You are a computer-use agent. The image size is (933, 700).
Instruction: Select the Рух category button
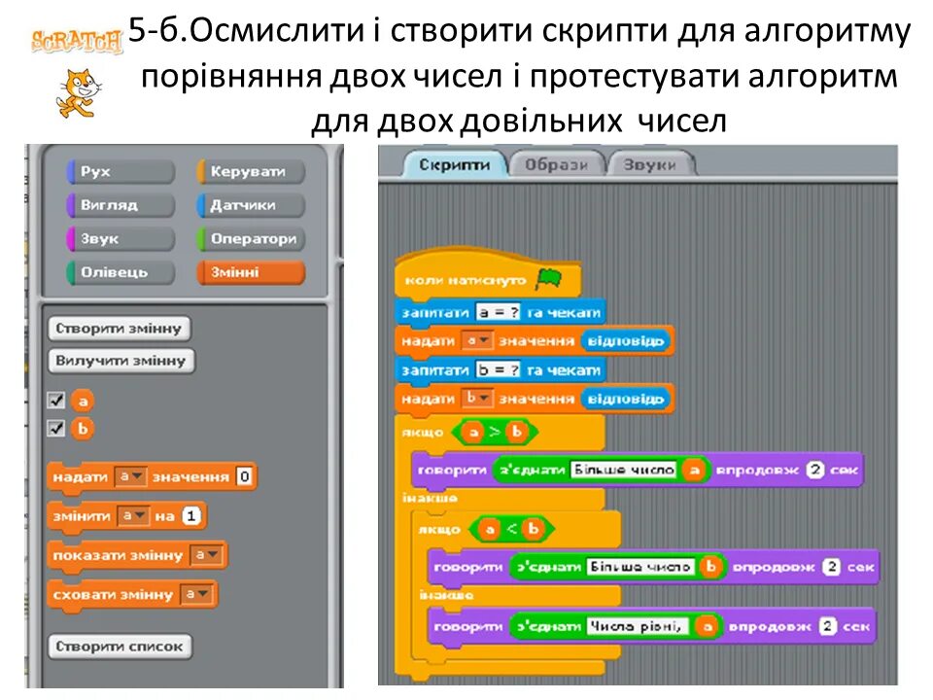pos(120,172)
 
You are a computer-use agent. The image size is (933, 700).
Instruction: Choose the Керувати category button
pos(250,172)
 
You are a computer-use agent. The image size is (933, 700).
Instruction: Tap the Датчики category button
pos(250,205)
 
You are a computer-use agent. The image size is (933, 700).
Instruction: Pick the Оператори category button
pos(250,238)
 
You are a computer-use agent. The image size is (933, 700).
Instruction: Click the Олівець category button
pos(120,272)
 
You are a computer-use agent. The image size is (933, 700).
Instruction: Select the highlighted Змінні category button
pos(250,272)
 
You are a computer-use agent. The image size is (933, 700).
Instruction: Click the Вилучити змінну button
pos(121,361)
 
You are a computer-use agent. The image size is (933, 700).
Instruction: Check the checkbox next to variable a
pos(56,401)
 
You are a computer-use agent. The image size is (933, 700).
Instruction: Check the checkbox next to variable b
pos(56,428)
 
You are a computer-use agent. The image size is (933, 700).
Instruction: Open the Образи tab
pos(556,165)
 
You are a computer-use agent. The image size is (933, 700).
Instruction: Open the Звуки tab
pos(650,165)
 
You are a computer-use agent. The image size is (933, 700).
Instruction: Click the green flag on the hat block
pos(548,280)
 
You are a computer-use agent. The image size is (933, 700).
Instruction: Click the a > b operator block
pos(496,432)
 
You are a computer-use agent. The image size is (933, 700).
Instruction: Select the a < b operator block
pos(510,529)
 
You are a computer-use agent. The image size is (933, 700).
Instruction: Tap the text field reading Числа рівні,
pos(638,627)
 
